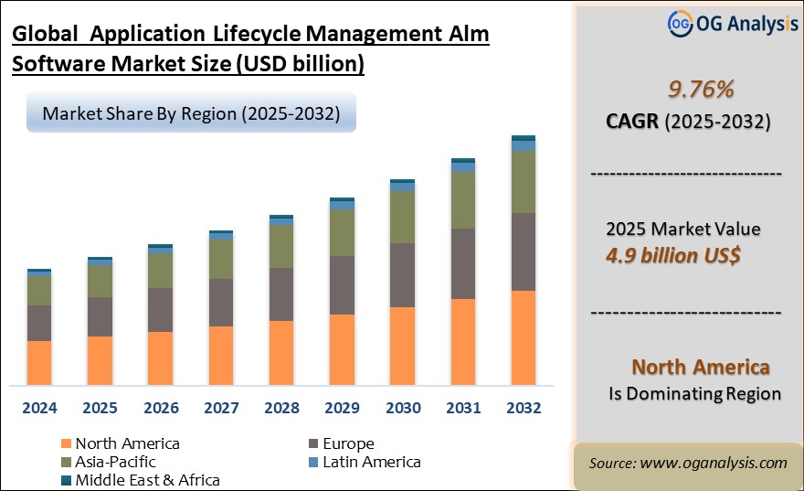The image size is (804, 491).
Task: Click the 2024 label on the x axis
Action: (39, 408)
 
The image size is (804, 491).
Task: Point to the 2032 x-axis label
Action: (523, 408)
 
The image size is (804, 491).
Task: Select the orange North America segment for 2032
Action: (523, 337)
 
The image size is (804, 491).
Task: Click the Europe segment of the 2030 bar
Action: (402, 275)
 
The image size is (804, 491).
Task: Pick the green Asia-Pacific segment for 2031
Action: (462, 200)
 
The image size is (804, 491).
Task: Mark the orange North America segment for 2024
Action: (39, 362)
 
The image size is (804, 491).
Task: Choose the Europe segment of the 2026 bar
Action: (160, 310)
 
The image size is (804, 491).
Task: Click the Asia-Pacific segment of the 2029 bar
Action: (342, 233)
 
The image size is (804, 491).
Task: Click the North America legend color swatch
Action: (65, 444)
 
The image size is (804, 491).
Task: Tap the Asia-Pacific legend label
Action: (115, 462)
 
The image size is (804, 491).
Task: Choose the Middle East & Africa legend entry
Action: (147, 479)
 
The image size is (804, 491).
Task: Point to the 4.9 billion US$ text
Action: (673, 254)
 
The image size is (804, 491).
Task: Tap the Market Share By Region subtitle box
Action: (190, 114)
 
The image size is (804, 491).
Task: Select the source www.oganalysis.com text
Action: (688, 464)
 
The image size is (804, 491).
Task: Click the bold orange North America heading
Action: (701, 367)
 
